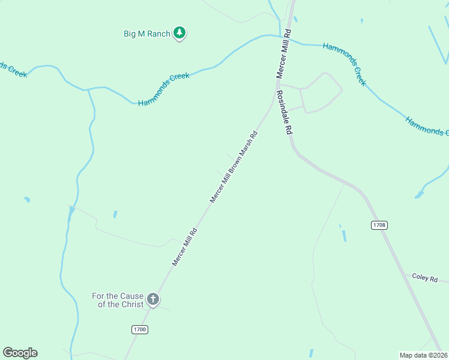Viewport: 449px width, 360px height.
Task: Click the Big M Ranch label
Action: coord(147,34)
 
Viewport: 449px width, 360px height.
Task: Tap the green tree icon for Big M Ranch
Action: coord(179,33)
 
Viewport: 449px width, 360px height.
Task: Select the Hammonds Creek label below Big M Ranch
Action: coord(163,89)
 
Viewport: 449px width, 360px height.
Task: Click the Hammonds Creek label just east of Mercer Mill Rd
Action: coord(345,64)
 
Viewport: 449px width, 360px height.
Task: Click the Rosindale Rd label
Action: coord(284,112)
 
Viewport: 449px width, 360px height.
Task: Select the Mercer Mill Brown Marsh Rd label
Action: coord(234,166)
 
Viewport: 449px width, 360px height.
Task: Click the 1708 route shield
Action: coord(379,225)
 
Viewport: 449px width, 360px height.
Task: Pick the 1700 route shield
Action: coord(139,329)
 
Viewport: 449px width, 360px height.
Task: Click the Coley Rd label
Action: coord(425,277)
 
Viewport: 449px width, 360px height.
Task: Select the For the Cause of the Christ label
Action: coord(118,299)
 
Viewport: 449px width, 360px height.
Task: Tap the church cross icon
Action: coord(152,299)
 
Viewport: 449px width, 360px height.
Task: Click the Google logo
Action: coord(20,353)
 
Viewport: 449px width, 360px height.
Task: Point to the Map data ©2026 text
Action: coord(423,355)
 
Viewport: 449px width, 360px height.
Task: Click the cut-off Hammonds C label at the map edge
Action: coord(427,127)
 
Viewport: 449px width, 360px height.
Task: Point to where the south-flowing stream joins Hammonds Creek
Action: coord(88,90)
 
